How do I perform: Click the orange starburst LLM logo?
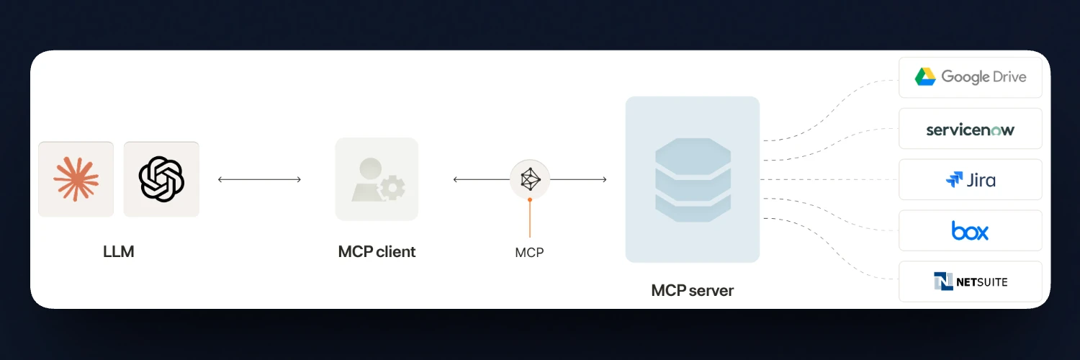76,179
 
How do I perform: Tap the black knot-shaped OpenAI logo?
161,179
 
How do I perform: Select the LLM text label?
119,252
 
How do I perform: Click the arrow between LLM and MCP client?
259,179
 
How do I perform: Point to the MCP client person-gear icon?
377,179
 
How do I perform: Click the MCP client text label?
377,252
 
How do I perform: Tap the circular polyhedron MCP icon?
530,179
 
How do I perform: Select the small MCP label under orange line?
529,253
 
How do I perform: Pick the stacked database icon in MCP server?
693,179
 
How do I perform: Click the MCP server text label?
692,291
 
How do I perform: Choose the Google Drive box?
970,77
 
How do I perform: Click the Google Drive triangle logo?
925,77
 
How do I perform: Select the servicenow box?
970,129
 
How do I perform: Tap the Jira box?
970,179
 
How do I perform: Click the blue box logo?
970,231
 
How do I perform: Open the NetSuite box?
970,282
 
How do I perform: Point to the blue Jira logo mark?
954,179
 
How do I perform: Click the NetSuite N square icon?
942,282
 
